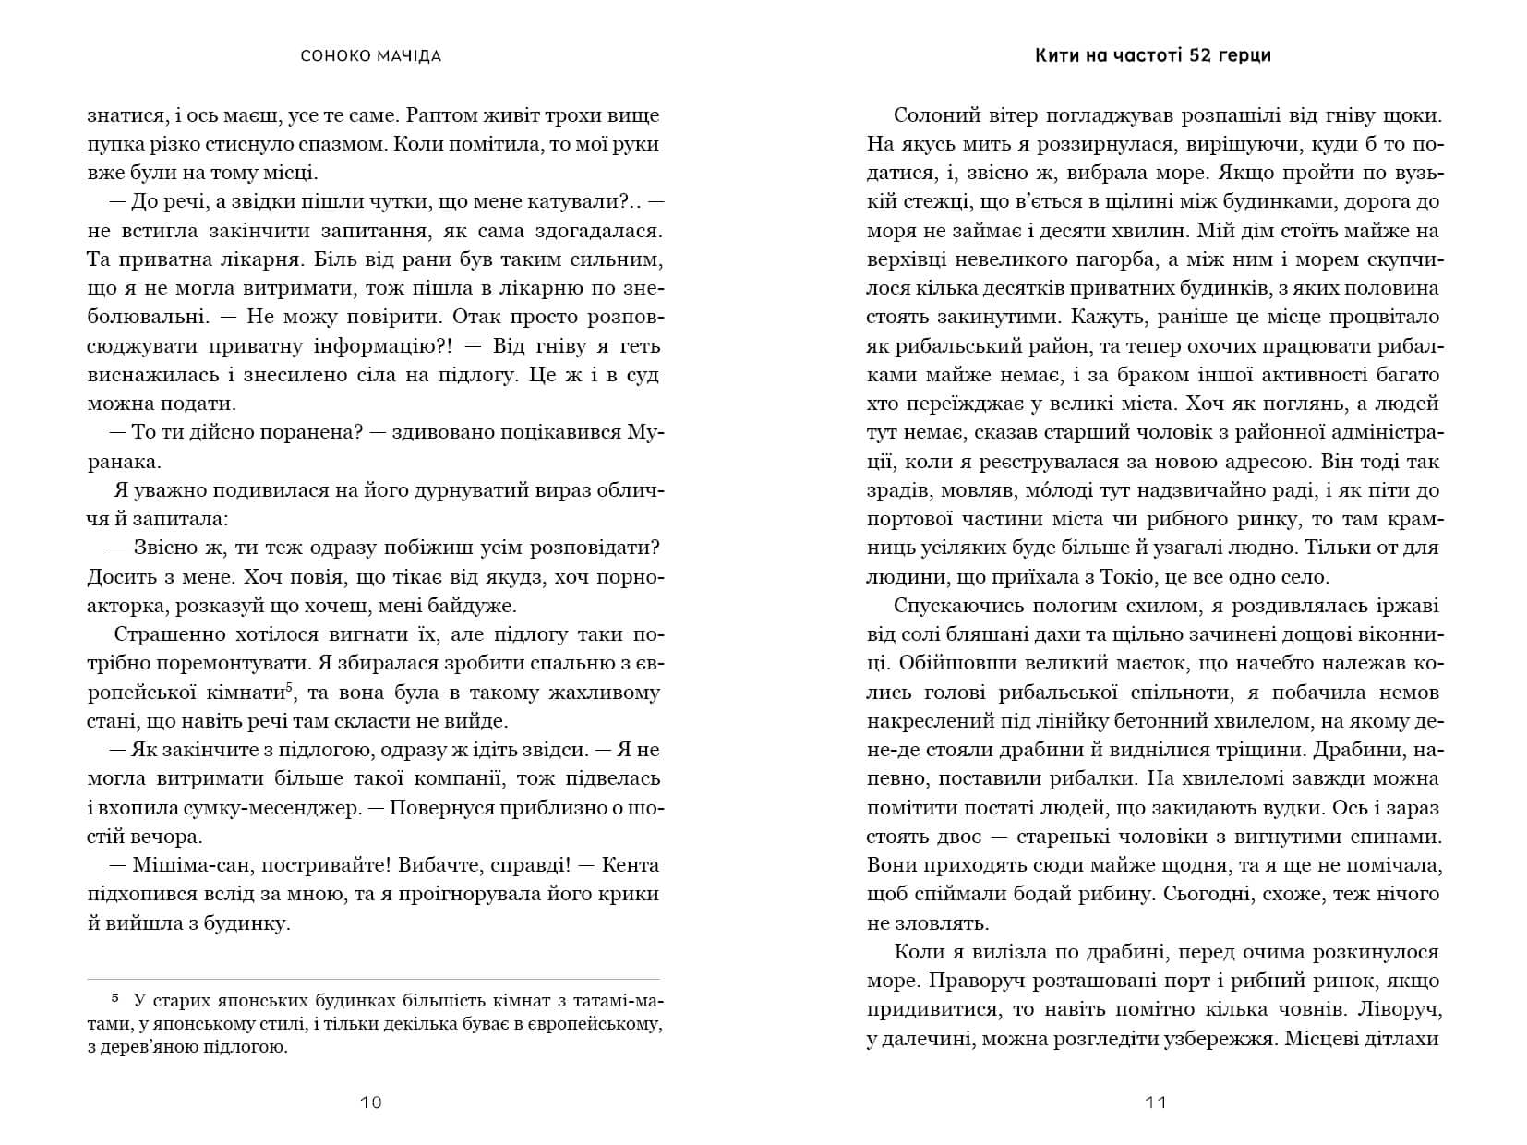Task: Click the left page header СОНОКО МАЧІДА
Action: pos(371,56)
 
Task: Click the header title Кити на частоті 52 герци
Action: pos(1153,55)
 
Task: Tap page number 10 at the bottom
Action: pos(371,1102)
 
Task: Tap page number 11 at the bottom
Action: pos(1156,1102)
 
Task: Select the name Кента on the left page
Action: pos(632,865)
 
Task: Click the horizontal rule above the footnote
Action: pos(373,979)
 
